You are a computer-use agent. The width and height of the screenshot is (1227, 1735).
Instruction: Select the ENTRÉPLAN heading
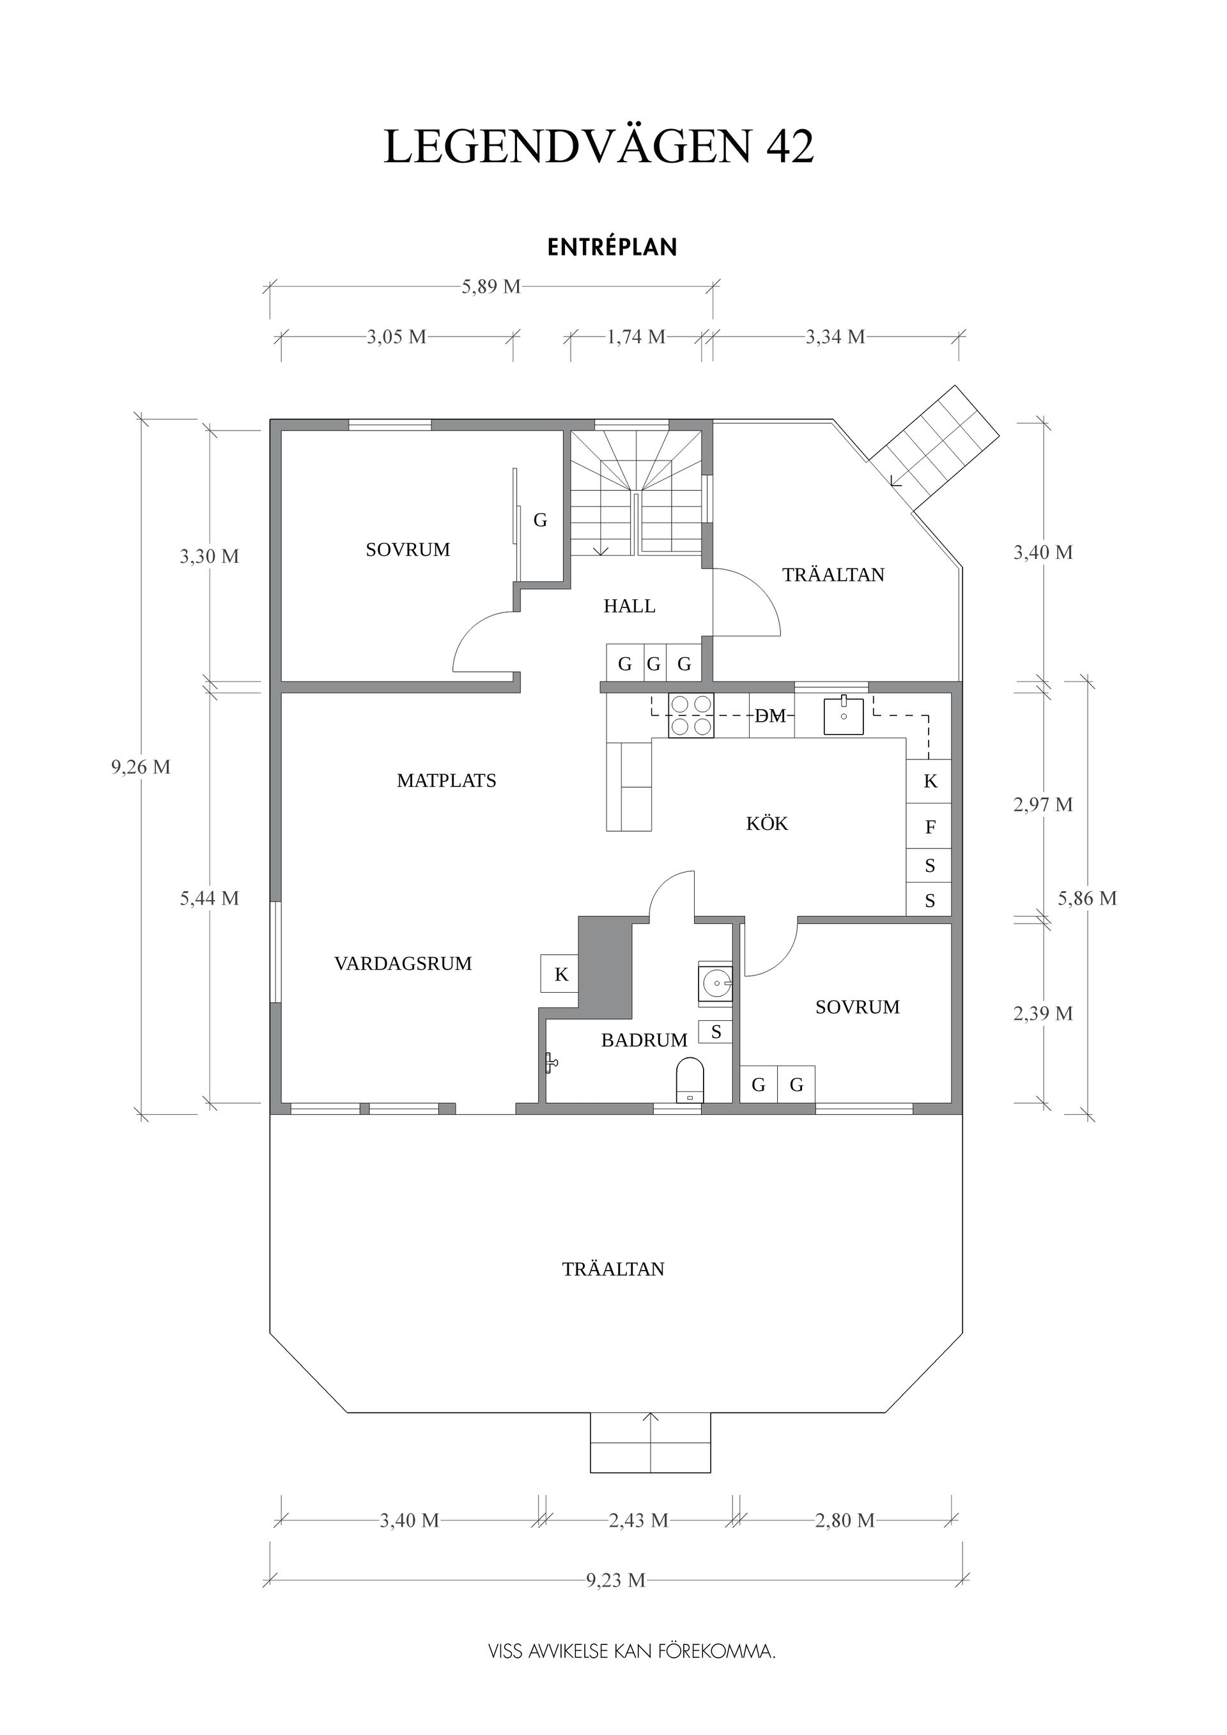click(x=612, y=248)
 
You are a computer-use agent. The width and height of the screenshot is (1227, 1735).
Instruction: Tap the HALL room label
click(x=629, y=606)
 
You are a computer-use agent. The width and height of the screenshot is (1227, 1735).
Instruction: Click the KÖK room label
click(x=767, y=823)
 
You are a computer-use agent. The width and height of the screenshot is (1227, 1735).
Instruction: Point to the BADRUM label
click(x=644, y=1041)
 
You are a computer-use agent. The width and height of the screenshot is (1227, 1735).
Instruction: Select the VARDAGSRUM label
click(x=403, y=963)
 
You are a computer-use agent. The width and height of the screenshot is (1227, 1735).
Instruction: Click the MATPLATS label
click(x=446, y=781)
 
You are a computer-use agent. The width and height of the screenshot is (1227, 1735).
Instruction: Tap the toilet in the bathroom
click(x=689, y=1081)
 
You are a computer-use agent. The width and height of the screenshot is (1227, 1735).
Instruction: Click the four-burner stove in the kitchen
click(x=691, y=715)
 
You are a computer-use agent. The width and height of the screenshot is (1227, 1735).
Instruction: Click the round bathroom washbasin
click(x=715, y=983)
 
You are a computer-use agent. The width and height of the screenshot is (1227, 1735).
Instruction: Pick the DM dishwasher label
click(x=770, y=715)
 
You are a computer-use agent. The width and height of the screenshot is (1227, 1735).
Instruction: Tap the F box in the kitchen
click(x=930, y=827)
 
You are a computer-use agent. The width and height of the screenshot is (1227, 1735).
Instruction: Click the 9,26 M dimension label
click(x=141, y=767)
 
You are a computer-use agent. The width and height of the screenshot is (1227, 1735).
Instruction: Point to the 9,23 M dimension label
click(x=615, y=1580)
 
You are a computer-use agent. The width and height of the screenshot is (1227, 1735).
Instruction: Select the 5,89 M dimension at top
click(x=491, y=286)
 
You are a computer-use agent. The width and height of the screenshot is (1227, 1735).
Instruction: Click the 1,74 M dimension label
click(x=636, y=337)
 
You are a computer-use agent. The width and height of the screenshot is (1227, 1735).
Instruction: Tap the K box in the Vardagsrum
click(x=561, y=975)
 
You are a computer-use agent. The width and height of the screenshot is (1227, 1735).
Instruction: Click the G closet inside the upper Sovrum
click(x=540, y=520)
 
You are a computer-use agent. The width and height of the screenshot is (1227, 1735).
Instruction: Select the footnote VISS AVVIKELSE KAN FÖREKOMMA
click(x=632, y=1652)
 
